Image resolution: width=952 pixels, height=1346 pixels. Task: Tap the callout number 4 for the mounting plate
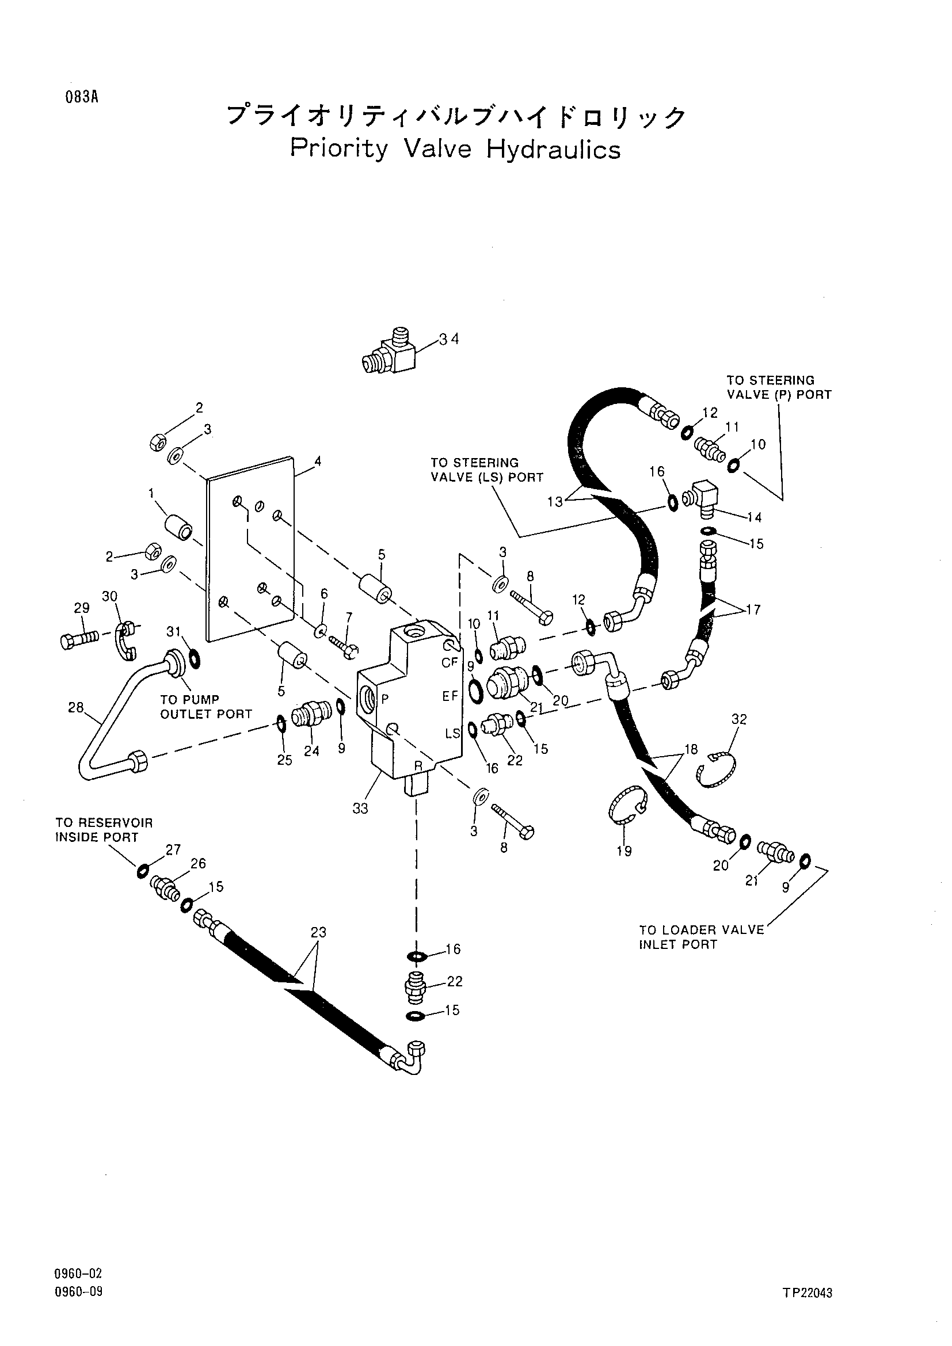[x=318, y=462]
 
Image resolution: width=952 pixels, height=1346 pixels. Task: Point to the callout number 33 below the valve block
[x=360, y=808]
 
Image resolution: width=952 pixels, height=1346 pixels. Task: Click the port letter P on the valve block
[x=385, y=699]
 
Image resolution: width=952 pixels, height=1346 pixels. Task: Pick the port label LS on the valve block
[x=452, y=733]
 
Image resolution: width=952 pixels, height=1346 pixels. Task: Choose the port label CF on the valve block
[x=450, y=663]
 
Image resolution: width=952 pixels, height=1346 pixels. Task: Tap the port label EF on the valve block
[x=450, y=696]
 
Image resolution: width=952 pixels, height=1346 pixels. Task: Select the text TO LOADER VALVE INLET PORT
[x=702, y=937]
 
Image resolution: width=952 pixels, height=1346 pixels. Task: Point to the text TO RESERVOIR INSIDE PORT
[x=104, y=830]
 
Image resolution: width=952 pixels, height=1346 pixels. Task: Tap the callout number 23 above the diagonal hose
[x=318, y=932]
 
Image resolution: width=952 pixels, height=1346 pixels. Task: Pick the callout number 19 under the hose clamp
[x=624, y=851]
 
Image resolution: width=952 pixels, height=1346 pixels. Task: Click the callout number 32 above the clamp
[x=739, y=719]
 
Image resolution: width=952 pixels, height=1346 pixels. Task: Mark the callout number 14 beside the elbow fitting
[x=755, y=517]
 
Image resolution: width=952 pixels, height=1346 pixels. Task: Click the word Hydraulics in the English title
[x=553, y=149]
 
